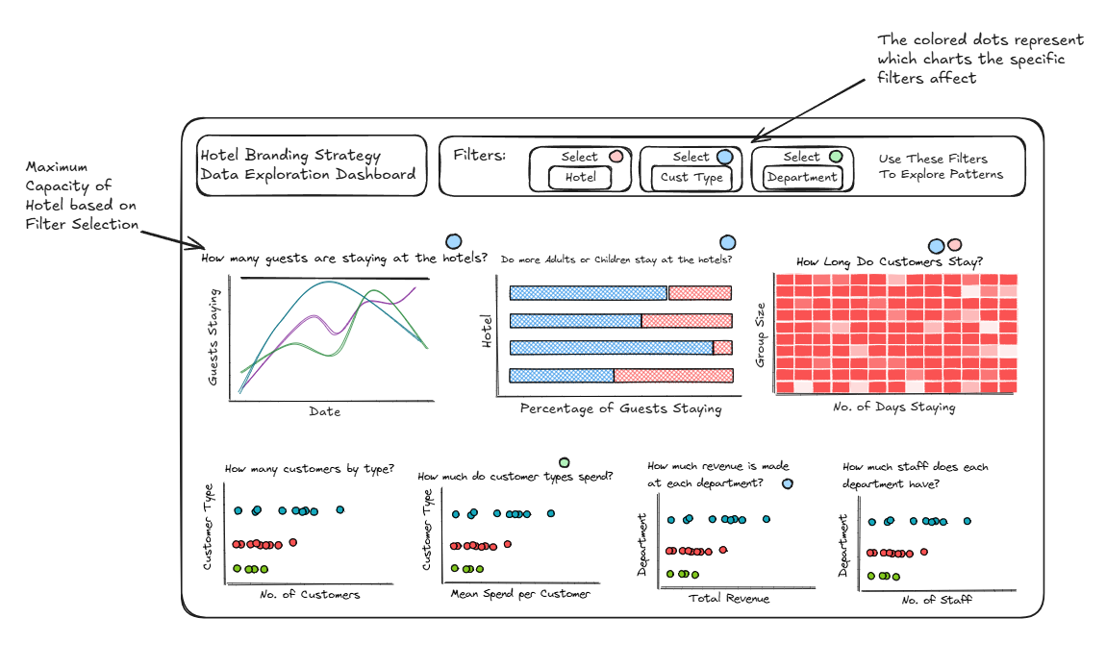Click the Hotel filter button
[580, 178]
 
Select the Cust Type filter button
[691, 178]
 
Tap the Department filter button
[803, 178]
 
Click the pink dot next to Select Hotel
[616, 157]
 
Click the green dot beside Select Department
[836, 157]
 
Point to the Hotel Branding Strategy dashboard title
[309, 165]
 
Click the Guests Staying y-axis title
[213, 337]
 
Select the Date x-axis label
[324, 411]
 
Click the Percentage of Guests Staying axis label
[620, 408]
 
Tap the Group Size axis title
[760, 334]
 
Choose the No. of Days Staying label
[893, 407]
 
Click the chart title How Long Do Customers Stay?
[890, 261]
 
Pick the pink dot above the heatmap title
[954, 245]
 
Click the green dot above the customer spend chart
[565, 462]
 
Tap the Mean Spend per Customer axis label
[520, 594]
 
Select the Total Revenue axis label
[729, 599]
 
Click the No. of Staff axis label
[936, 600]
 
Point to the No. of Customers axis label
[310, 594]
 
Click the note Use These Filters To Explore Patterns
[941, 166]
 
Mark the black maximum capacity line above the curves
[335, 279]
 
